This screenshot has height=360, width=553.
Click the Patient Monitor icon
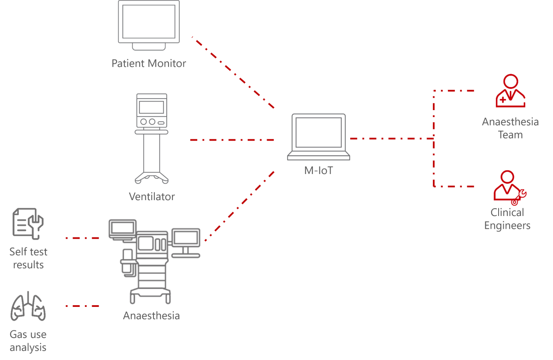149,25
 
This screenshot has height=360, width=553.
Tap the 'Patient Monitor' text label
149,63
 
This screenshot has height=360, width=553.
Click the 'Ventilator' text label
152,197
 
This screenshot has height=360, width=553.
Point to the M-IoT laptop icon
318,137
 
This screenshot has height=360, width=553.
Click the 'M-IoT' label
318,171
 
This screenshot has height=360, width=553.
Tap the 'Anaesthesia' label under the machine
151,316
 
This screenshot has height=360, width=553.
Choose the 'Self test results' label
28,258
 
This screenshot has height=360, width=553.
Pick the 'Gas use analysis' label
28,341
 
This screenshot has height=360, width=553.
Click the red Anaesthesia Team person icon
510,91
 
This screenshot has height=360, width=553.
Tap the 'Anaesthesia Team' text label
510,128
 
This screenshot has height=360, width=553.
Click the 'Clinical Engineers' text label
507,219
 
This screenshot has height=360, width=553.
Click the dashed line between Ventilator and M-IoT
231,140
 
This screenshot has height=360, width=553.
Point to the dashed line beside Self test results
82,238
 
